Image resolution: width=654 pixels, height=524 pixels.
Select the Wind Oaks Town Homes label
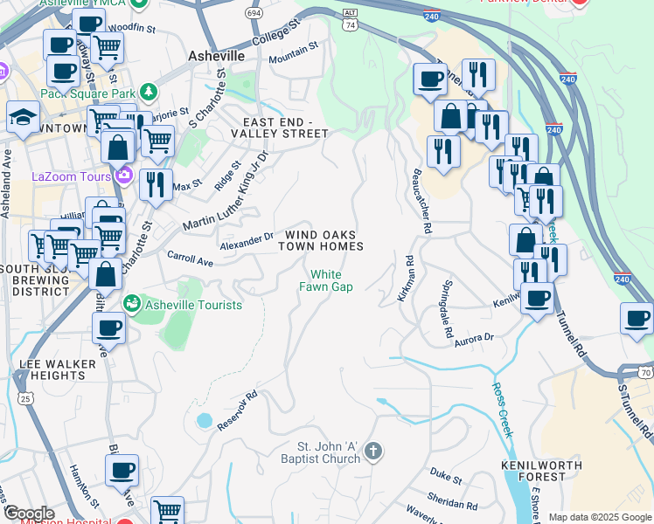[320, 241]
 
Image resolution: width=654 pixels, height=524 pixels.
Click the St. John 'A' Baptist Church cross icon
[373, 452]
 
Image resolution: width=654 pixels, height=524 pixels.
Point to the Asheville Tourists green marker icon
[132, 304]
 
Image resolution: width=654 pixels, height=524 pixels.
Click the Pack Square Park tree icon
[149, 91]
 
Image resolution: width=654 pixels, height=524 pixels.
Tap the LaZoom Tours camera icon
[123, 176]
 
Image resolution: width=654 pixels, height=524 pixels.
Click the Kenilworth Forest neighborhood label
[533, 471]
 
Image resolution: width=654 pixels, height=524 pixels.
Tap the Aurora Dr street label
[474, 339]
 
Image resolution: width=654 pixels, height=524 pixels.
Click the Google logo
[29, 514]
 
